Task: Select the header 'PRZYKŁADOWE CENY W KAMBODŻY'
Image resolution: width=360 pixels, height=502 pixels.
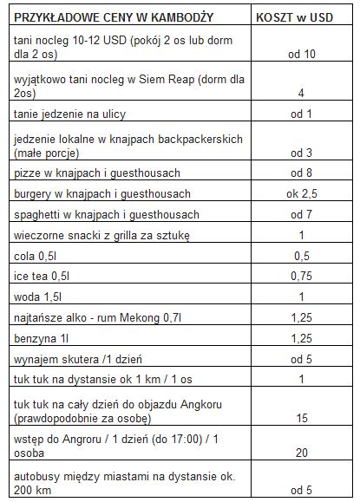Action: point(116,16)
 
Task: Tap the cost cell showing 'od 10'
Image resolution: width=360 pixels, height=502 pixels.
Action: point(300,55)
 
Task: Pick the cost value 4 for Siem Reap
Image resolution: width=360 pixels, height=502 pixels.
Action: point(300,92)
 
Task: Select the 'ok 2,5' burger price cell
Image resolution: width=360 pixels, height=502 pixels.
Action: point(300,193)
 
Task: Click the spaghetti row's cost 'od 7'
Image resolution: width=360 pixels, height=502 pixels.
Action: point(300,214)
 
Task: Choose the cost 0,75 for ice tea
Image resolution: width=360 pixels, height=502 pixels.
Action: point(300,277)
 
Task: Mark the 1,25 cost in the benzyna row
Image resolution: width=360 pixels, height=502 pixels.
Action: point(300,339)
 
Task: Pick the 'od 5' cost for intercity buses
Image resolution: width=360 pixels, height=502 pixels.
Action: point(300,490)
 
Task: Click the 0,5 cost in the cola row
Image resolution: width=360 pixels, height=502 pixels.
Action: point(300,256)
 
